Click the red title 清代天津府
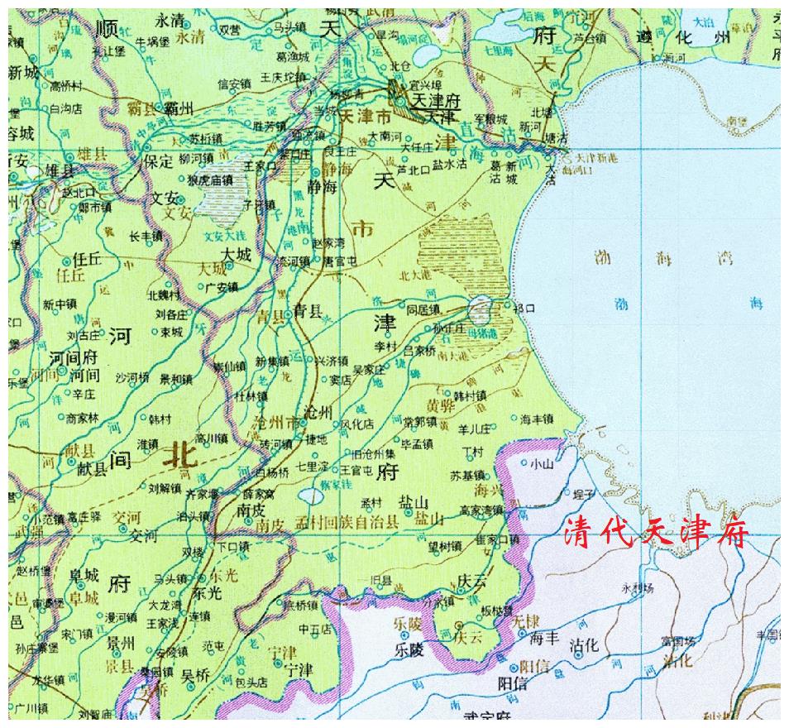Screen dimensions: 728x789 656,533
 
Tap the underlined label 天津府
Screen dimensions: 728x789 436,100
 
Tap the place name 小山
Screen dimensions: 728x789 542,464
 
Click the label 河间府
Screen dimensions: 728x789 74,357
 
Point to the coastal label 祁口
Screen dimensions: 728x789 524,308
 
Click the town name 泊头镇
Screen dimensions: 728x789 192,515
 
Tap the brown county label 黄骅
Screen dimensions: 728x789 440,405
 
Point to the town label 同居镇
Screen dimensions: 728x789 423,309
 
